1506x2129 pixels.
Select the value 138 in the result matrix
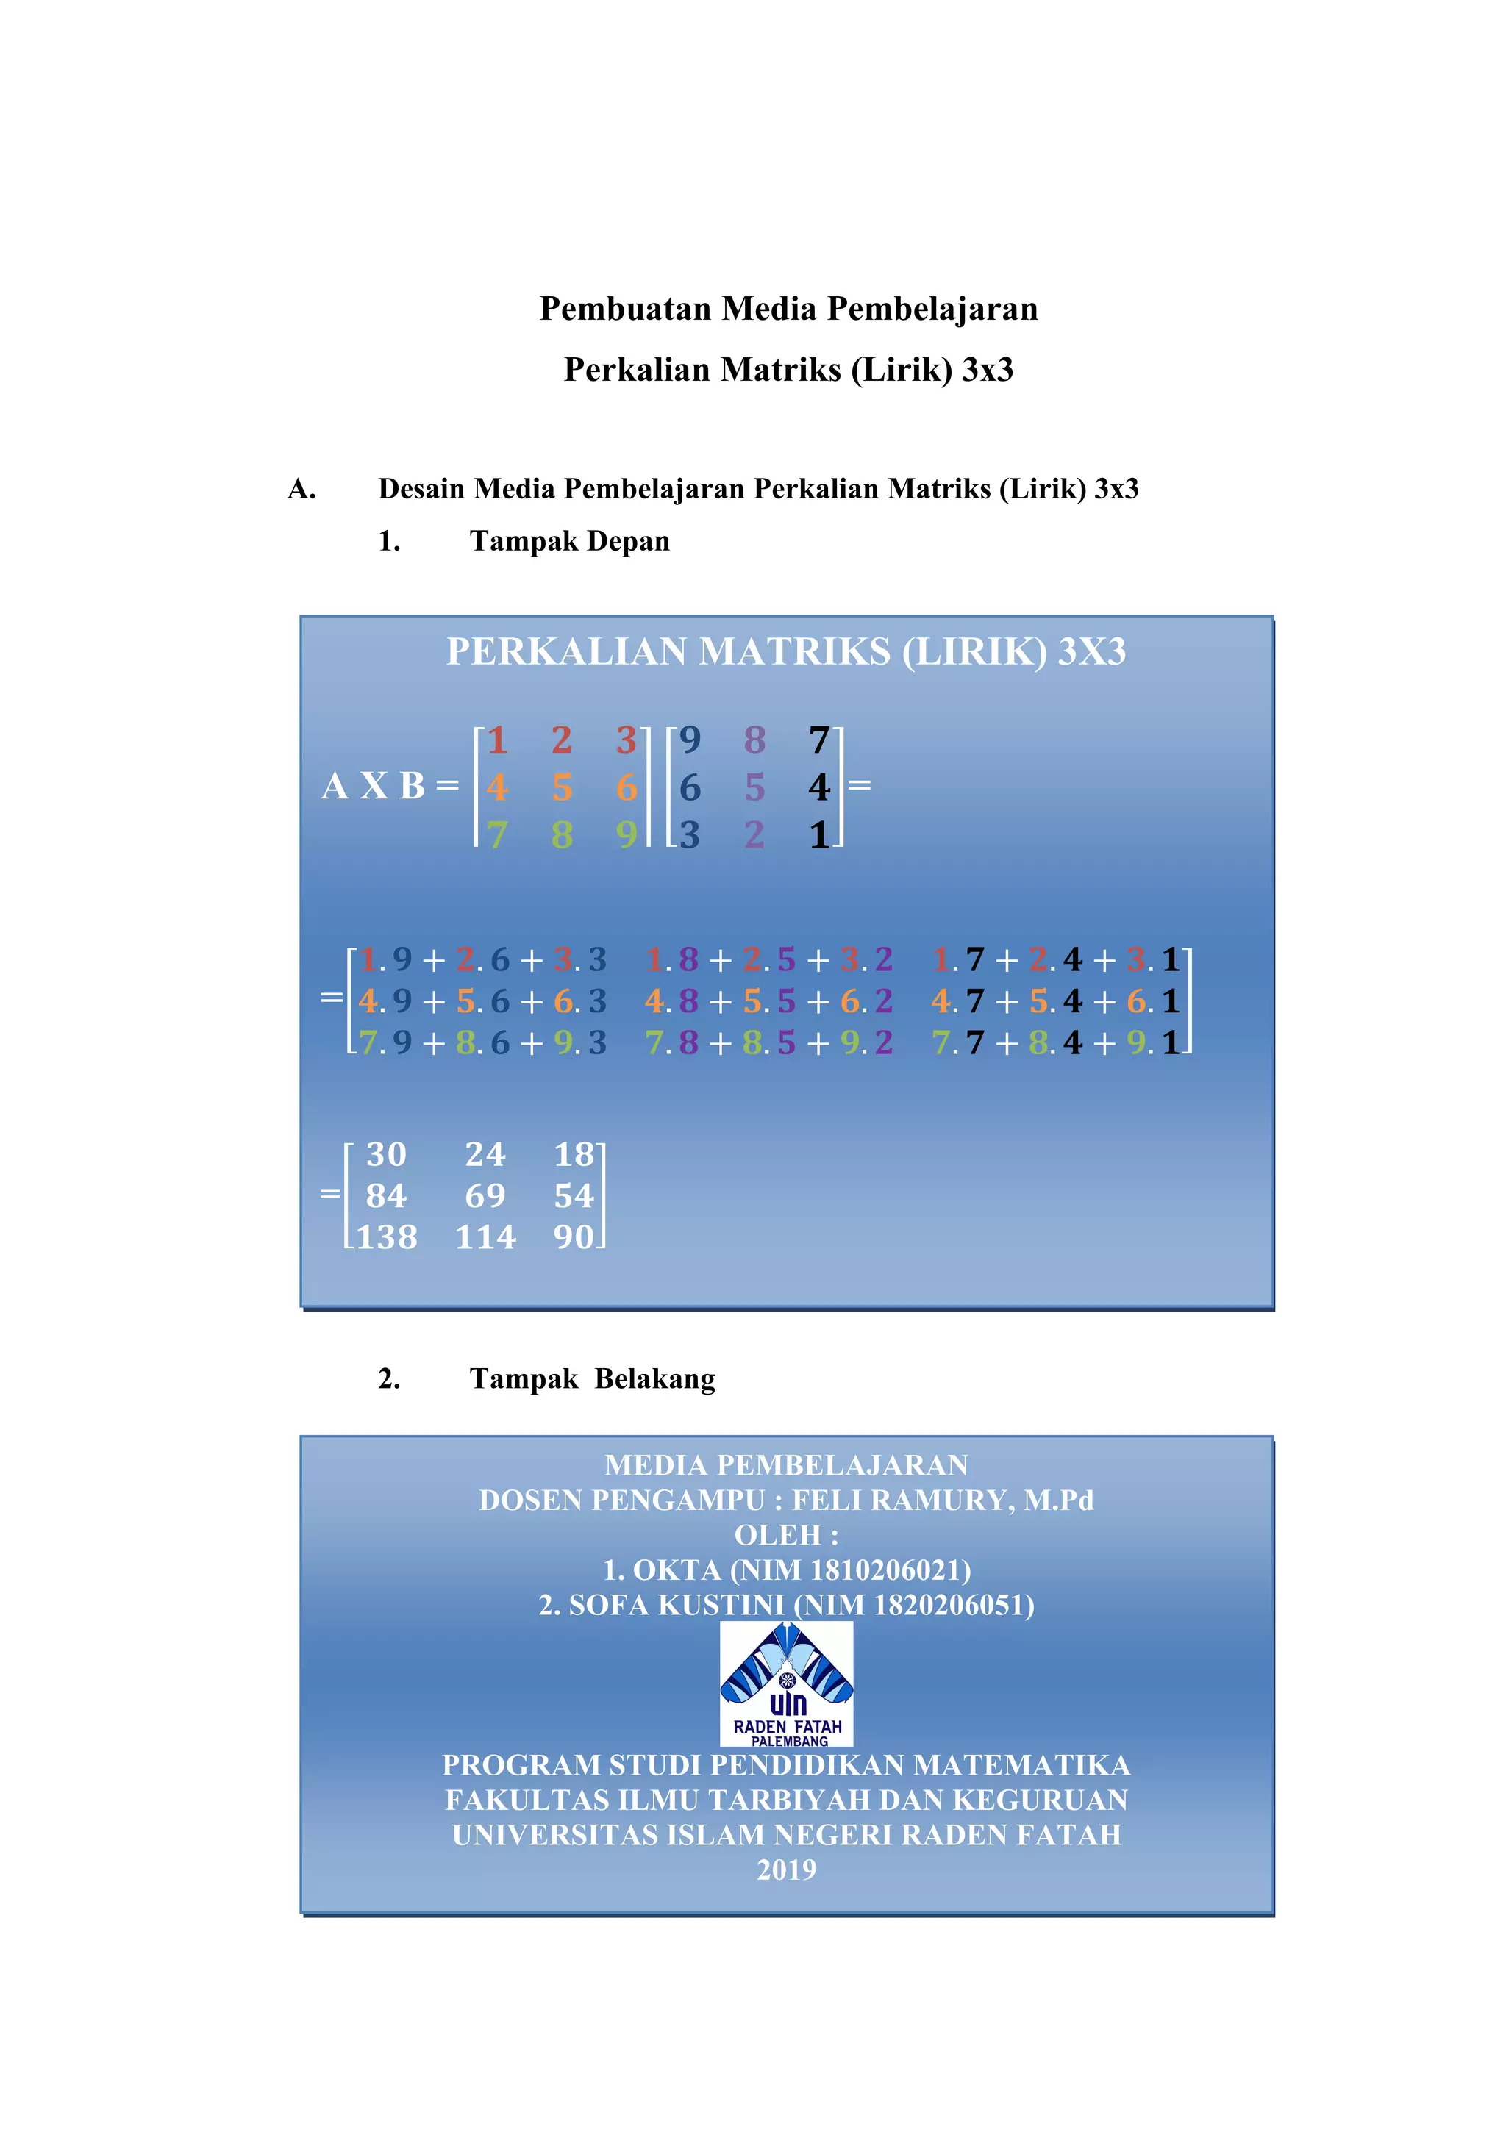click(x=387, y=1237)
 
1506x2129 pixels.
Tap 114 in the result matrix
click(x=485, y=1237)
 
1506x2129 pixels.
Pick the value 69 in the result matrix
click(x=485, y=1195)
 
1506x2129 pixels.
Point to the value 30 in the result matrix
click(x=386, y=1154)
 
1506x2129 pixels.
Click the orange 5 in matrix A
click(x=562, y=787)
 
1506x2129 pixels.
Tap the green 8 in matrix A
click(x=562, y=834)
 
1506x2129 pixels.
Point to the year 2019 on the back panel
click(x=786, y=1869)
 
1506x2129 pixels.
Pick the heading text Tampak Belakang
click(x=592, y=1379)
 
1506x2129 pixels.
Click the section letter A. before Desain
click(x=301, y=489)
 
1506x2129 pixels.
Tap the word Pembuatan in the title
click(x=626, y=309)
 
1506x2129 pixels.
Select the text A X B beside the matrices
click(x=373, y=787)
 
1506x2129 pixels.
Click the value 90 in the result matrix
click(x=573, y=1237)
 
